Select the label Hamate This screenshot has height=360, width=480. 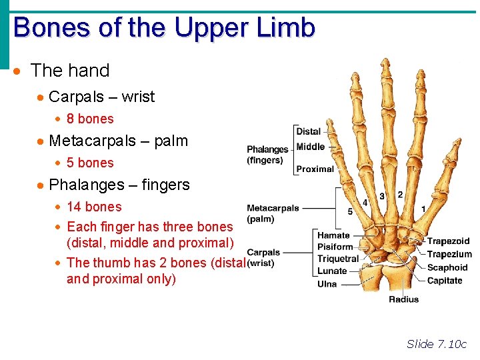[x=333, y=235]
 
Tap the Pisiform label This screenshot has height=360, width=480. [x=335, y=247]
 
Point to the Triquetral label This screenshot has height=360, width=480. [x=338, y=259]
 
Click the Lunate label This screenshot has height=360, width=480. [x=332, y=271]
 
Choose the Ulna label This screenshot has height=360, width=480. [x=327, y=284]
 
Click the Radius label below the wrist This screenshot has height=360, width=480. [x=403, y=299]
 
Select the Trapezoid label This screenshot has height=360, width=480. [x=448, y=241]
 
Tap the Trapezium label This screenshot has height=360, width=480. [x=449, y=254]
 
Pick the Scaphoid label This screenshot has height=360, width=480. [x=447, y=267]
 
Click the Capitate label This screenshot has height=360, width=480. [x=445, y=281]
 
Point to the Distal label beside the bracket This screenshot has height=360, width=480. [x=309, y=131]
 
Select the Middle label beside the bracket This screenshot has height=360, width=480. [x=310, y=147]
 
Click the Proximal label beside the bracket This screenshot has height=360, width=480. [x=315, y=169]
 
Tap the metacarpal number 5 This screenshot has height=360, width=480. [x=351, y=211]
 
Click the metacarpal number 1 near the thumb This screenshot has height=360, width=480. [x=423, y=209]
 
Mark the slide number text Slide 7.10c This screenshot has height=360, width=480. [x=437, y=344]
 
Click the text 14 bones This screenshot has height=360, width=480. [x=94, y=207]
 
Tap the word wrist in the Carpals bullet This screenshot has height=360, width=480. [x=138, y=97]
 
